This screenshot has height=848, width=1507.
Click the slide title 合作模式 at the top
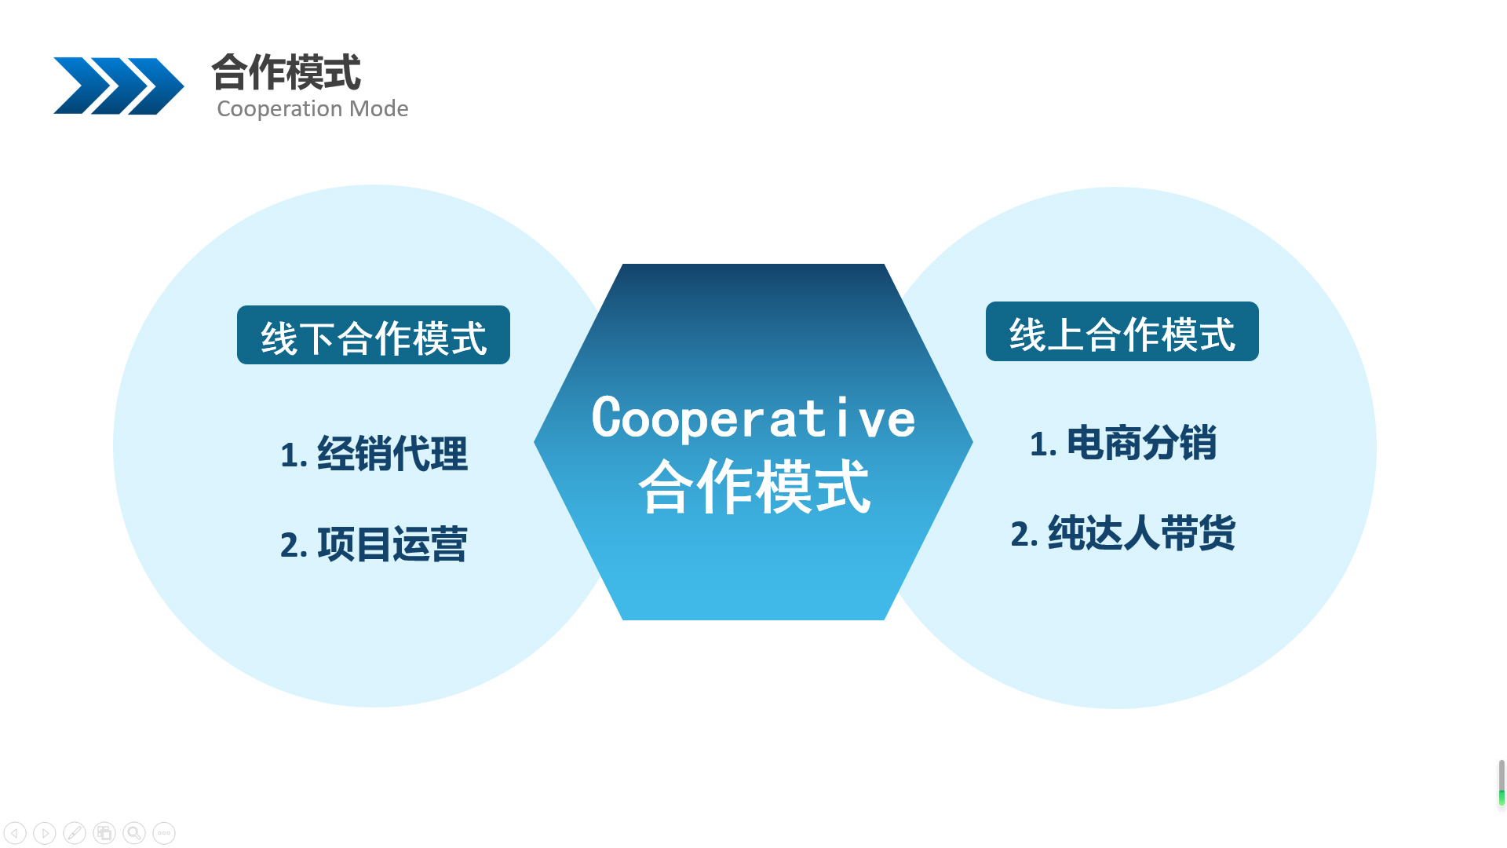click(286, 72)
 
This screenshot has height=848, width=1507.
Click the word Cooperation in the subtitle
click(279, 108)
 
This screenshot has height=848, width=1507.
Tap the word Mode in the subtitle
click(378, 108)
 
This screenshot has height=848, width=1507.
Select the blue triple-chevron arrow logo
click(119, 86)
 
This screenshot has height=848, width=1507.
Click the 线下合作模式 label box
click(374, 335)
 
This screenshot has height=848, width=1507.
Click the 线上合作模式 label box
click(1122, 331)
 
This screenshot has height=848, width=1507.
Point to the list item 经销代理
click(392, 454)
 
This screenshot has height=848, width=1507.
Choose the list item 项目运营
click(392, 544)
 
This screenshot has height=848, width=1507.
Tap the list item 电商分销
click(1142, 443)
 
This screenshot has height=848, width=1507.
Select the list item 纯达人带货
click(1142, 533)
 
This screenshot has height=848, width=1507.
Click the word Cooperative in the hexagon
click(753, 418)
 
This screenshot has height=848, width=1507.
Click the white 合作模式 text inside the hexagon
click(754, 487)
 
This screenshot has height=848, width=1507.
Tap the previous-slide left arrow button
click(15, 833)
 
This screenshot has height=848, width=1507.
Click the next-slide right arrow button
click(45, 833)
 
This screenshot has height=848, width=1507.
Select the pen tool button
click(75, 833)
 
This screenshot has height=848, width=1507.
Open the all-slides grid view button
click(104, 833)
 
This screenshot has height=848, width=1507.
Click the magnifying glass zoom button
click(134, 833)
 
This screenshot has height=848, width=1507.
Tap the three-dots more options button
click(164, 833)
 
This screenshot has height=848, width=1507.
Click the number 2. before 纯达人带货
click(1024, 535)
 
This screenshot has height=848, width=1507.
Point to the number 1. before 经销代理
click(294, 455)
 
